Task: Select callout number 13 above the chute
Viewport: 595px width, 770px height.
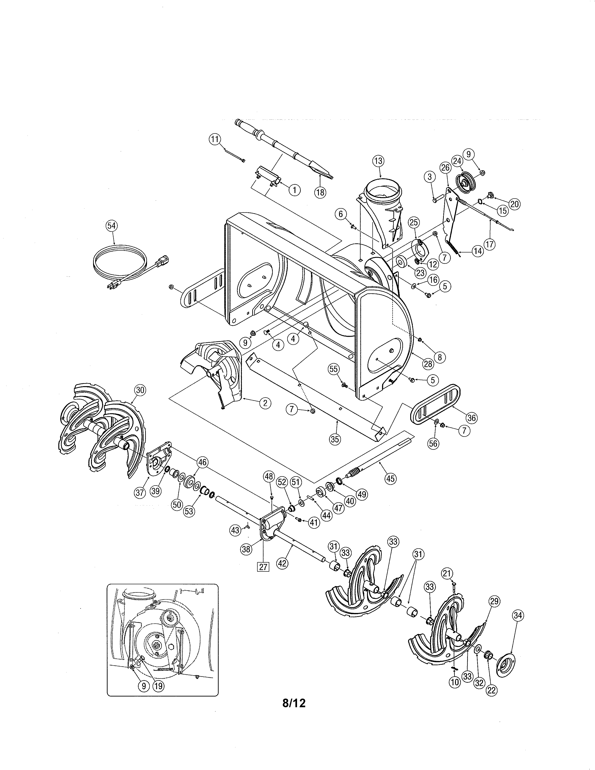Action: [x=378, y=161]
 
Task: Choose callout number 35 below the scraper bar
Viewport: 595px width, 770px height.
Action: [x=335, y=439]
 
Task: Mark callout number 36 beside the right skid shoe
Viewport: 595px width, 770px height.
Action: [x=471, y=418]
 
